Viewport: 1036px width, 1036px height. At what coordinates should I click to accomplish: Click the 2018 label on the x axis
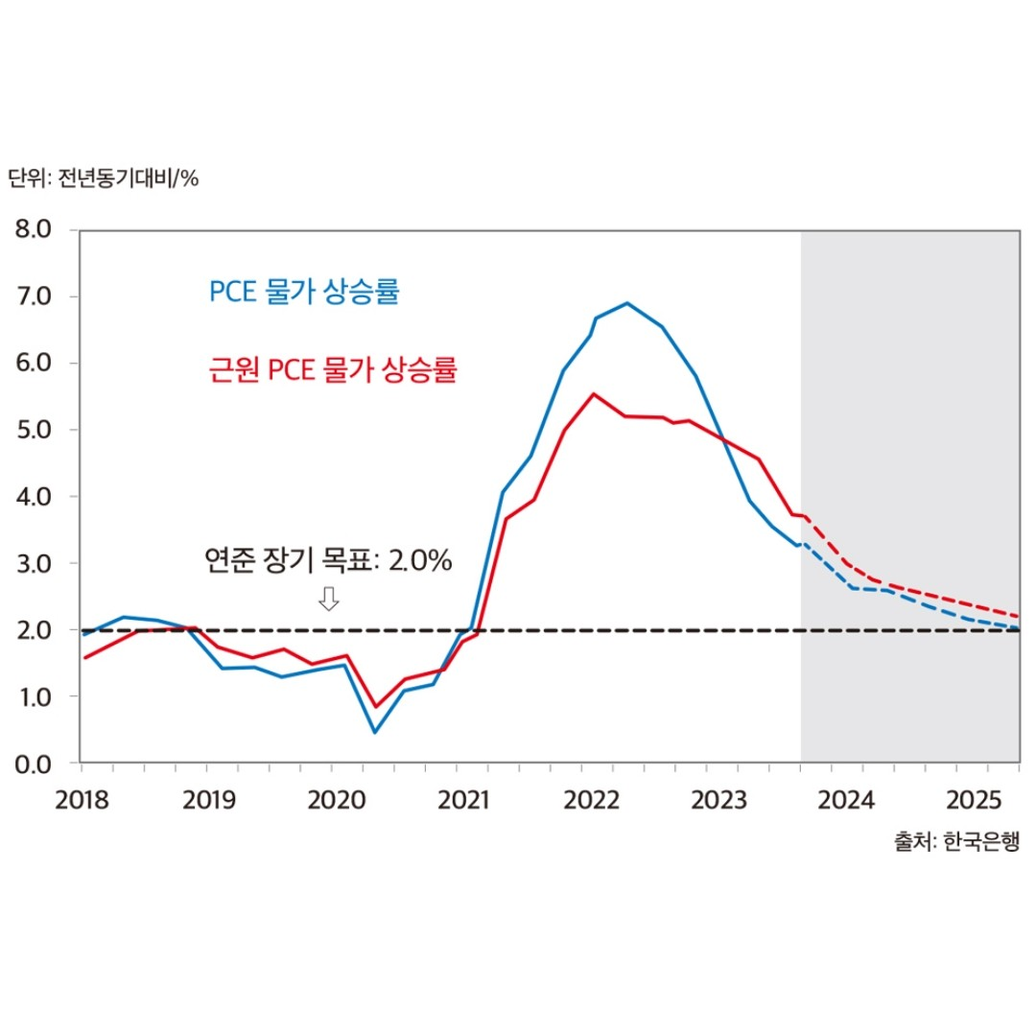click(82, 799)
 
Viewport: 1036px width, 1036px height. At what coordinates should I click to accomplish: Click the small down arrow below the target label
click(329, 600)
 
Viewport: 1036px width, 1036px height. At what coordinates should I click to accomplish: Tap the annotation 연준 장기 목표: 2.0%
click(328, 561)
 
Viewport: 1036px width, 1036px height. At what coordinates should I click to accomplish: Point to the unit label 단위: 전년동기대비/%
click(104, 177)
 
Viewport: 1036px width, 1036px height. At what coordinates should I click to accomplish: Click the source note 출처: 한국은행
click(956, 842)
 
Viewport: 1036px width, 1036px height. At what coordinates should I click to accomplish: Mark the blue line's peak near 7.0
click(627, 303)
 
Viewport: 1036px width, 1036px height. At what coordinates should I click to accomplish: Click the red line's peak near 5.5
click(595, 393)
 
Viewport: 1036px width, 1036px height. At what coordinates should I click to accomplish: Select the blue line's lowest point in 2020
click(374, 732)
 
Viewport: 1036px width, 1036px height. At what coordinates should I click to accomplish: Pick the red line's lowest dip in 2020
click(375, 707)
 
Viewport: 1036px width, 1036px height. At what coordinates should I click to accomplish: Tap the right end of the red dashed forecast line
click(1017, 616)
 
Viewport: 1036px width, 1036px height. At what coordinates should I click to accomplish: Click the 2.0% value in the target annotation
click(420, 561)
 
